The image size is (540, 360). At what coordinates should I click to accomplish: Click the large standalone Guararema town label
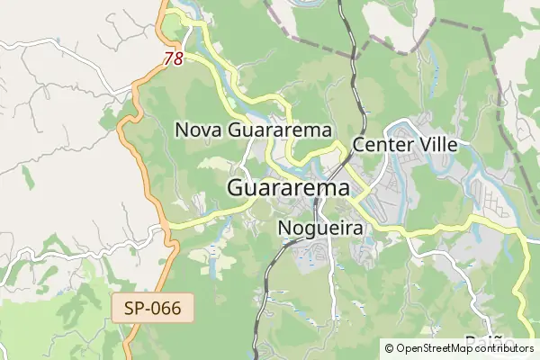(288, 189)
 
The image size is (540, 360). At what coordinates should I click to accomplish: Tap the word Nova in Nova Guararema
(199, 130)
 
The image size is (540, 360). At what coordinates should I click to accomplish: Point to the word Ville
(436, 144)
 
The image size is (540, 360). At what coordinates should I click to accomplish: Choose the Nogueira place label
(320, 229)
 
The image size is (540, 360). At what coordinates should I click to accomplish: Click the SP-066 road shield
(153, 309)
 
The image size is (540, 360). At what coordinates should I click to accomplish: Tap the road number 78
(175, 58)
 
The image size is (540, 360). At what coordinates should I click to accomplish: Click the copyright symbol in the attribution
(389, 347)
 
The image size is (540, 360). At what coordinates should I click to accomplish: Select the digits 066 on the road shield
(167, 309)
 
